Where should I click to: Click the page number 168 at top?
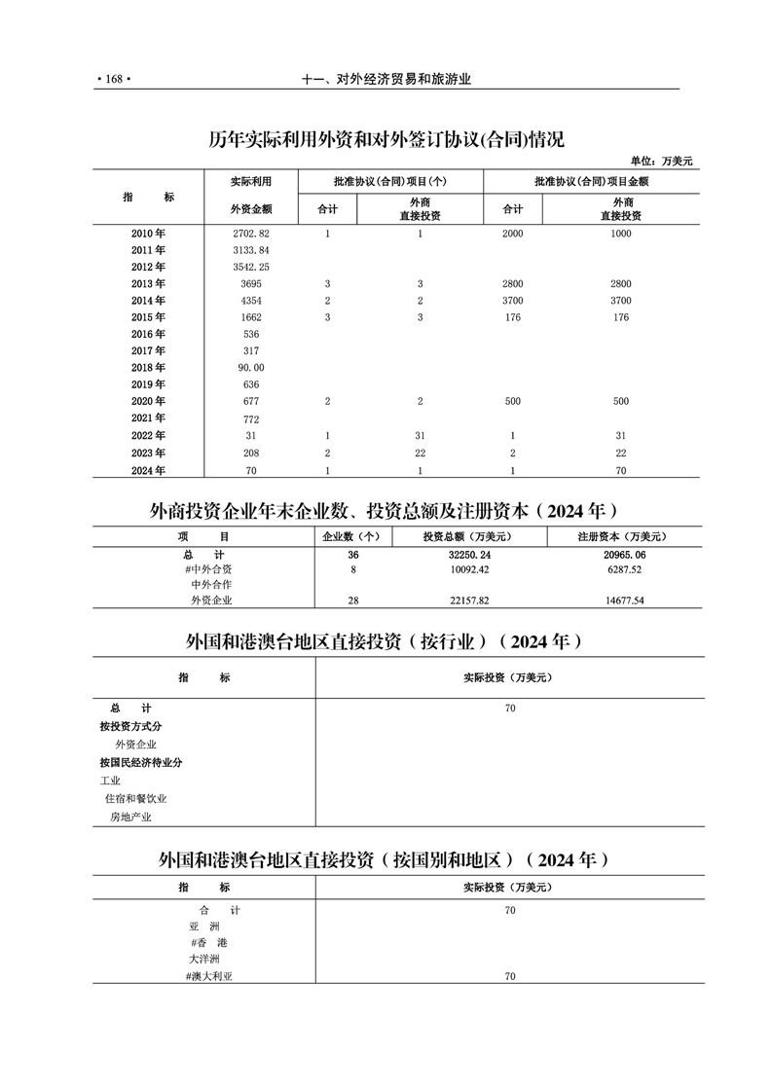pos(113,81)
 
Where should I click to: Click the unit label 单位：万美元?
pos(661,161)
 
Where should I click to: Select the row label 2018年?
pos(148,367)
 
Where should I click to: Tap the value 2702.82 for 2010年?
pos(251,234)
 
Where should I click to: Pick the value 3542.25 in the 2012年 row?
pos(251,267)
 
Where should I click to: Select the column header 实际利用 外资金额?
pos(251,195)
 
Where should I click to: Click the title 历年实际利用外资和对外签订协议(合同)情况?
pos(386,139)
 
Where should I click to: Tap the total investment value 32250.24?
pos(469,554)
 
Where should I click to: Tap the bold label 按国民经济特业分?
pos(141,763)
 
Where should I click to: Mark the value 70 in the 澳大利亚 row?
pos(510,975)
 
